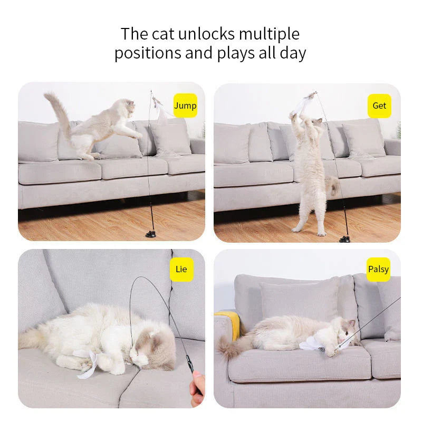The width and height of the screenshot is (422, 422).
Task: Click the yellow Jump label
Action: tap(185, 105)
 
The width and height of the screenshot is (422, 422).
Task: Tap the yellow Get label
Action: tap(379, 105)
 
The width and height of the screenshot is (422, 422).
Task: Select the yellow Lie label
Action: tap(181, 270)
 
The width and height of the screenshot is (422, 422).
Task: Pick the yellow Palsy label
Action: tap(378, 270)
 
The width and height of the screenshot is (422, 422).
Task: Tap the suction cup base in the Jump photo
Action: tap(151, 233)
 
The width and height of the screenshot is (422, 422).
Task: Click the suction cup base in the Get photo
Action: tap(344, 238)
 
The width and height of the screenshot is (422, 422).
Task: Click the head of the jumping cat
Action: tap(126, 108)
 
